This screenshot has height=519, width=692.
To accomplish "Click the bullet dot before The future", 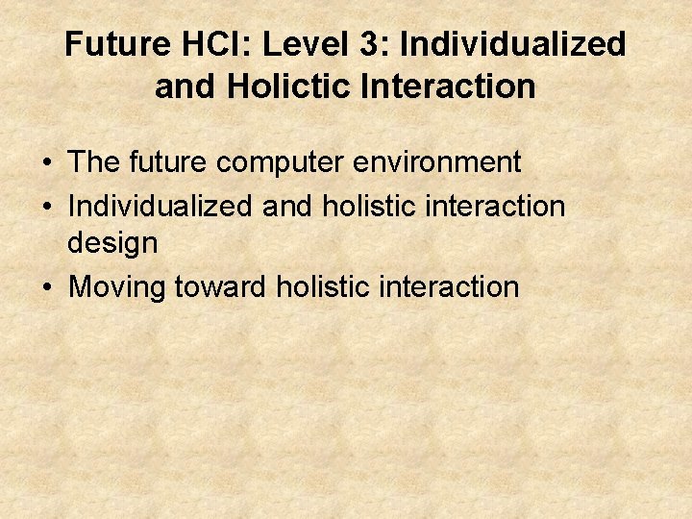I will [x=46, y=163].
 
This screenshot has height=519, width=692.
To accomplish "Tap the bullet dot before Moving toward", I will [x=46, y=287].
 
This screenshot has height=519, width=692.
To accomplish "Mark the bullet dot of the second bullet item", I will [x=46, y=205].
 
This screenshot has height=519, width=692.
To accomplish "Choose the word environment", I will [x=438, y=163].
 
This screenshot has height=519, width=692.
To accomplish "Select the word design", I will [x=112, y=244].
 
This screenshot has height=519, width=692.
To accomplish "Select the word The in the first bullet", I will [x=93, y=162].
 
